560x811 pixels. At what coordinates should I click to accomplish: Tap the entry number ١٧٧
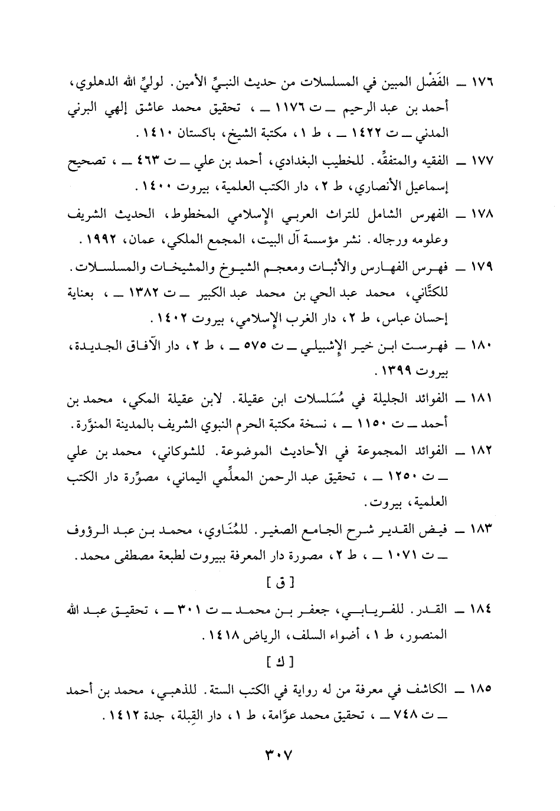pyautogui.click(x=482, y=162)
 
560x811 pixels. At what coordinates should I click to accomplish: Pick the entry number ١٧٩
pyautogui.click(x=482, y=269)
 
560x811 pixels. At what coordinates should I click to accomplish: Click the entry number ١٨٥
pyautogui.click(x=482, y=689)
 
